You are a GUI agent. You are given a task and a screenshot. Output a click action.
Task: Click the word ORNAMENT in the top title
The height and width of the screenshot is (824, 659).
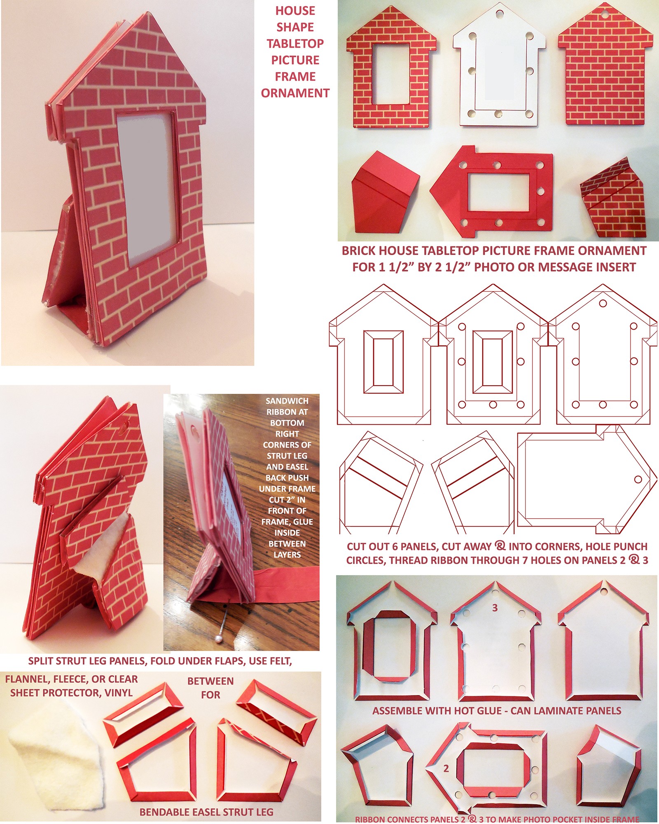[x=295, y=93]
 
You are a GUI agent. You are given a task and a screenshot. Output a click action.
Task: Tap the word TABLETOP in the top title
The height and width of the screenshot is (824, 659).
[x=295, y=44]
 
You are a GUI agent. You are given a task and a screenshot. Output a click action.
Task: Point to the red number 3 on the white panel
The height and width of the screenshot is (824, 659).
[x=495, y=608]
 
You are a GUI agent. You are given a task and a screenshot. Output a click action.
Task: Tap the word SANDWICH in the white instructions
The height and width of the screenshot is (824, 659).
[x=287, y=401]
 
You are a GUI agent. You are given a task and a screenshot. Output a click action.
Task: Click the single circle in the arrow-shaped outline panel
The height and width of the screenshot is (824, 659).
[x=638, y=480]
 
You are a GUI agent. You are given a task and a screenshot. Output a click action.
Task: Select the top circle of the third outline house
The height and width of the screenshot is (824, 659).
[x=603, y=303]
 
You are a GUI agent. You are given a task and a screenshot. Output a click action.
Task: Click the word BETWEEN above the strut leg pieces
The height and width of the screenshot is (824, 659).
[x=210, y=681]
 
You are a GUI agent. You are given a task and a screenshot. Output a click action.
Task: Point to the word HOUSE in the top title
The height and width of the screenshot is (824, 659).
[x=295, y=11]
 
